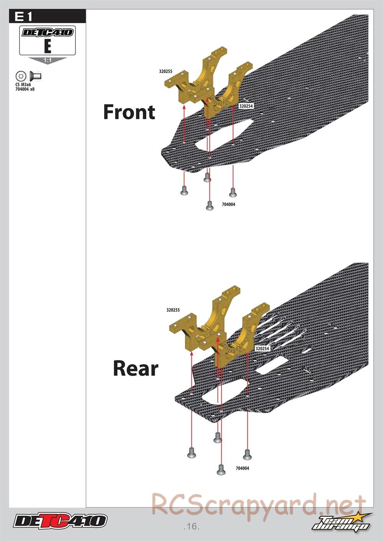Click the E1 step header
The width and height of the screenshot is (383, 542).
(x=23, y=17)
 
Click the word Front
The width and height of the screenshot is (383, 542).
(x=129, y=112)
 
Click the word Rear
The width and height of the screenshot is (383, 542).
(x=136, y=368)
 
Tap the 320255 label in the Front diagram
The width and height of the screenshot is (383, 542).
(x=165, y=71)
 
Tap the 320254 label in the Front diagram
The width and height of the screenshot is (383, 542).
(x=246, y=106)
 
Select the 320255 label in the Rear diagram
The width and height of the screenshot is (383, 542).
(x=173, y=310)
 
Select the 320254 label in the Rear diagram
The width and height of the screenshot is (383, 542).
(x=262, y=348)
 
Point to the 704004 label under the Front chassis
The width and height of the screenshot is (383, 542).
(x=229, y=204)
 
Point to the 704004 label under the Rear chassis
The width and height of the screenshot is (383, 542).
(x=242, y=468)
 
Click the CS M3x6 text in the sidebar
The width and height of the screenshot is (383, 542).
(x=23, y=85)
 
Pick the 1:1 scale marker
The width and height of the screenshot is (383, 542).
(x=47, y=60)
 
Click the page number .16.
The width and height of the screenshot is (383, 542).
(x=191, y=526)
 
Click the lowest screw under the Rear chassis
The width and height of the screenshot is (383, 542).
(x=221, y=470)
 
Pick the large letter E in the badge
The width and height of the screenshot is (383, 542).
(x=47, y=46)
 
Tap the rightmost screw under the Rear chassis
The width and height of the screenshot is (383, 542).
(x=247, y=454)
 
